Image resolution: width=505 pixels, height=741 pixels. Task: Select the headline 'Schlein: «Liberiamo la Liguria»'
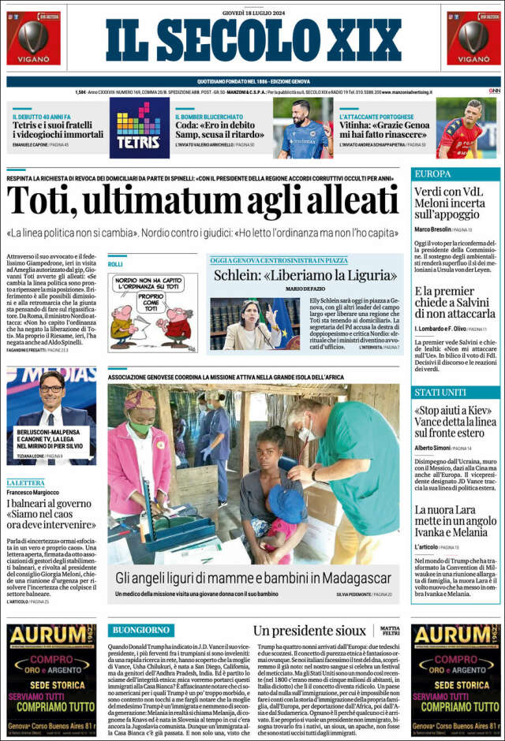point(305,275)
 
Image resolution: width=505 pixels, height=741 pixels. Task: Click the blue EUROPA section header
point(433,173)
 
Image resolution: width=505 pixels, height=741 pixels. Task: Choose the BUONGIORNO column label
point(141,630)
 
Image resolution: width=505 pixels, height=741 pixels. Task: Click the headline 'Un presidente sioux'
point(309,631)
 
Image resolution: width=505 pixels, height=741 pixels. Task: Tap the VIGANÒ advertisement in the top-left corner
point(33,38)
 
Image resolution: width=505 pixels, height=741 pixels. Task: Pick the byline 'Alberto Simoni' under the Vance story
point(432,448)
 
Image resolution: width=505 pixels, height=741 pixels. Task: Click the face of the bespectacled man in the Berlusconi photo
point(52,389)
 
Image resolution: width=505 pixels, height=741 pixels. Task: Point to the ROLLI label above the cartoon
point(115,264)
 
